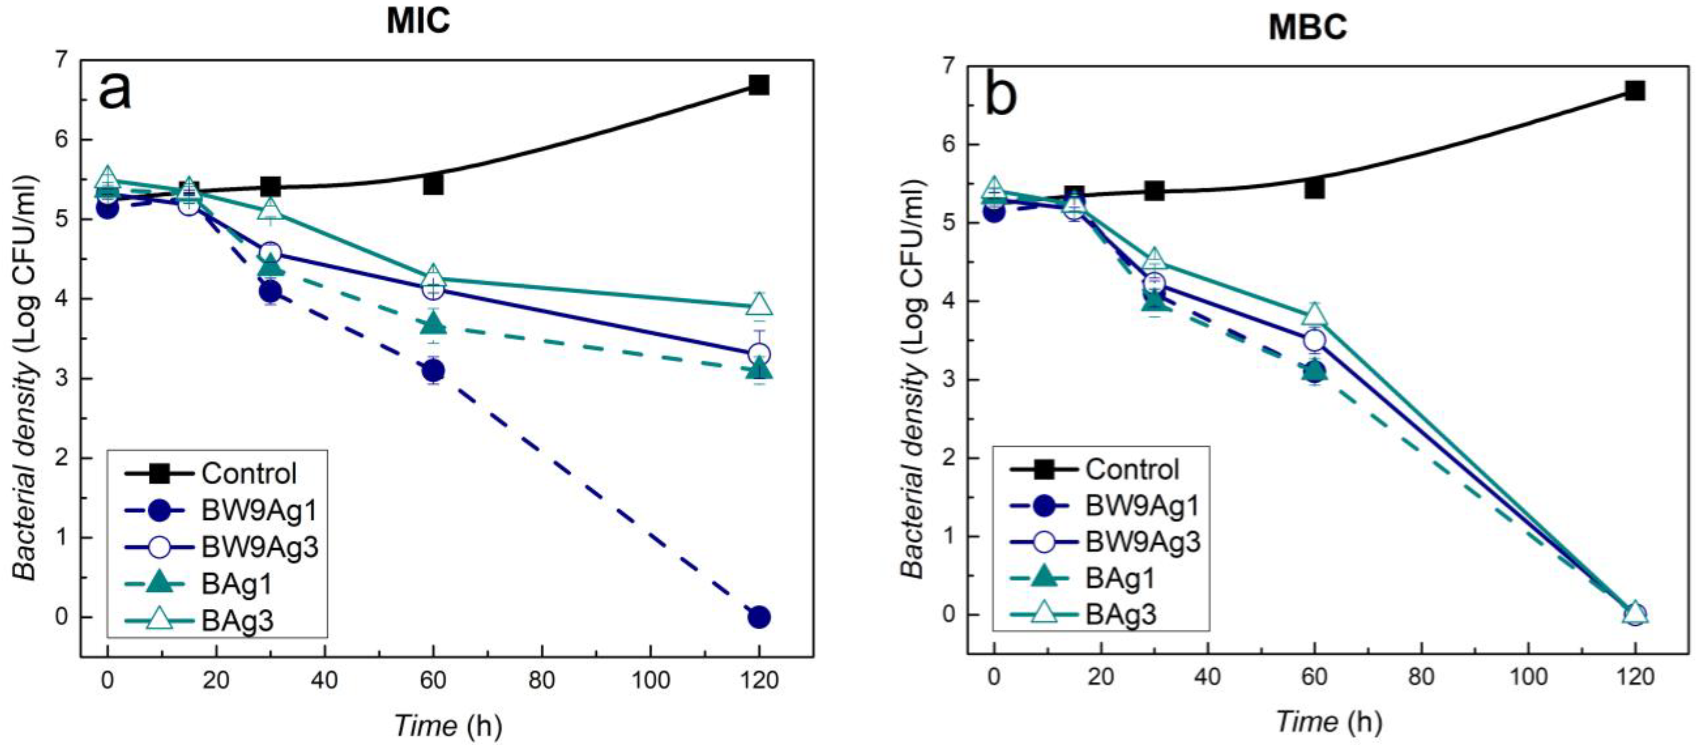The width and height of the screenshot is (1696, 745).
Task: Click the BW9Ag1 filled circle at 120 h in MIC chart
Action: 759,617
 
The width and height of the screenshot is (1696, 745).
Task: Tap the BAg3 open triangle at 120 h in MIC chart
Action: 759,305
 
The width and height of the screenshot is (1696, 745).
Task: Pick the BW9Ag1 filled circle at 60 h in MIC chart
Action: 432,371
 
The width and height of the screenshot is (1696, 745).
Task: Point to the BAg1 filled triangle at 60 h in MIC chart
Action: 432,323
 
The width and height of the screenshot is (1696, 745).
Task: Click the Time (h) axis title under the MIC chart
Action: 448,725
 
